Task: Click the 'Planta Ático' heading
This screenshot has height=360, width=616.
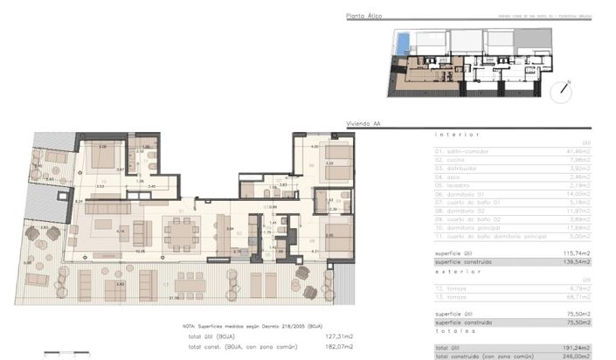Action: pyautogui.click(x=365, y=16)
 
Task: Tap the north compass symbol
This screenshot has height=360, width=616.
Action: pyautogui.click(x=564, y=87)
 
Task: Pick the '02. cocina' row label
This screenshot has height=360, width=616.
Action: pyautogui.click(x=452, y=160)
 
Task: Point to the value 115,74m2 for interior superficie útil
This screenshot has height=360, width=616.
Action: pyautogui.click(x=580, y=253)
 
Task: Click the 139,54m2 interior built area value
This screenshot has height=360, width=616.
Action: pyautogui.click(x=580, y=261)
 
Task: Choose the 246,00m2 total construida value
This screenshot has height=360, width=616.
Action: pyautogui.click(x=580, y=356)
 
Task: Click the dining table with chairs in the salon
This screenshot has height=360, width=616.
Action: pyautogui.click(x=182, y=232)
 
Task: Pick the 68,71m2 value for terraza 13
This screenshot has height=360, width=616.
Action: pyautogui.click(x=581, y=296)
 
